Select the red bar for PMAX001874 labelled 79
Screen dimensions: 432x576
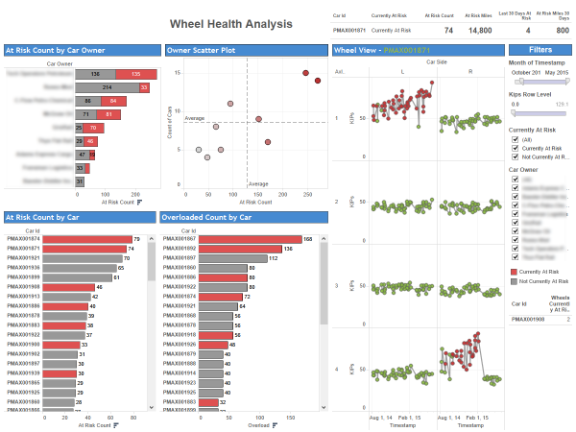(x=86, y=239)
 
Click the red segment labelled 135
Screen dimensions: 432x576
(x=137, y=73)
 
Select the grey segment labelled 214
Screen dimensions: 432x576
(x=108, y=86)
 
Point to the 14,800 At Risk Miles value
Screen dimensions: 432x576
(x=479, y=30)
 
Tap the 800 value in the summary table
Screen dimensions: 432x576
(x=562, y=30)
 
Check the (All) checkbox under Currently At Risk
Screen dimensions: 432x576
(x=516, y=137)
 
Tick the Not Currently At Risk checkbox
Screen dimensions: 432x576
(x=516, y=156)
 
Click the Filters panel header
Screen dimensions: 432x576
(x=540, y=49)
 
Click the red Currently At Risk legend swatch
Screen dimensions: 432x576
(x=515, y=273)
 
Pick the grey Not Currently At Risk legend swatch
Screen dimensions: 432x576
(x=515, y=282)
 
